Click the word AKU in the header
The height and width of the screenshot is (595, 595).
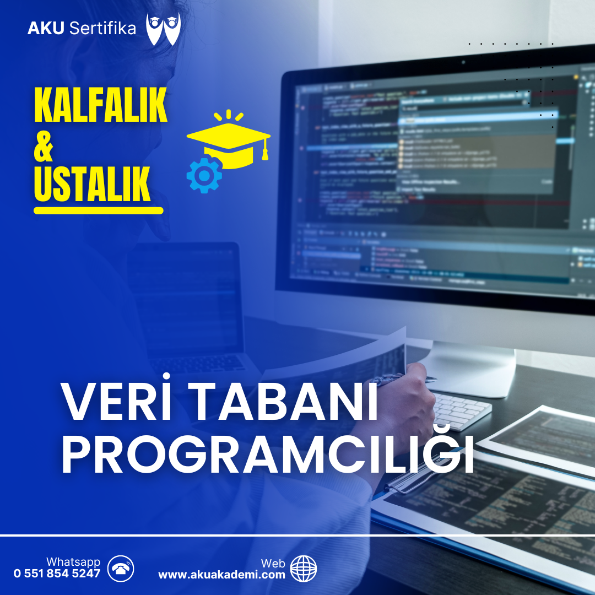pyautogui.click(x=46, y=29)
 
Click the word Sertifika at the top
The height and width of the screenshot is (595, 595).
pyautogui.click(x=102, y=29)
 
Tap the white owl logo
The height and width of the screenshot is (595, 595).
pyautogui.click(x=163, y=29)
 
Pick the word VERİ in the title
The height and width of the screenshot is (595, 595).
pyautogui.click(x=115, y=403)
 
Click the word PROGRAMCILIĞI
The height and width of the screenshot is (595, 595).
pyautogui.click(x=267, y=455)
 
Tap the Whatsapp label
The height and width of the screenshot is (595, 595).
pyautogui.click(x=73, y=562)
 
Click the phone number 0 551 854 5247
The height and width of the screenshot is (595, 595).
pyautogui.click(x=57, y=574)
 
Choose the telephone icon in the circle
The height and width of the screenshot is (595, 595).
pyautogui.click(x=121, y=569)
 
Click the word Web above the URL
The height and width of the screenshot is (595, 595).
pyautogui.click(x=273, y=563)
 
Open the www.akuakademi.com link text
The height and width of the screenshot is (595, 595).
pyautogui.click(x=221, y=575)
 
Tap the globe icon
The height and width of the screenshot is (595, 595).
pyautogui.click(x=304, y=569)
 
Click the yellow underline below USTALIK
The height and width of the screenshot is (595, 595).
pyautogui.click(x=99, y=210)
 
